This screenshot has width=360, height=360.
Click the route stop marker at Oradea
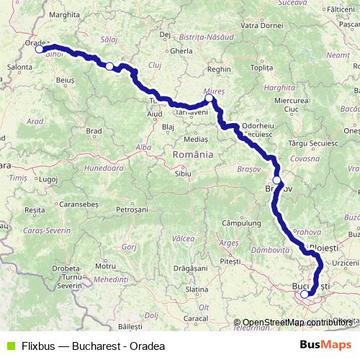tap(40, 50)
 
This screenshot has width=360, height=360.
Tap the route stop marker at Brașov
tap(276, 180)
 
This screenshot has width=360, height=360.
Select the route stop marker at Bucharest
tap(305, 294)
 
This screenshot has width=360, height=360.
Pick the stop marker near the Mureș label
tap(209, 98)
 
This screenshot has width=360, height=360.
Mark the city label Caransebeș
tap(79, 204)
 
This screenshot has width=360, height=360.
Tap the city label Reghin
tap(217, 69)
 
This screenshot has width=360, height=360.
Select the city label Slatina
tap(197, 289)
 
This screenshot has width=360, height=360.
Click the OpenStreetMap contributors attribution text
tap(295, 323)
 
